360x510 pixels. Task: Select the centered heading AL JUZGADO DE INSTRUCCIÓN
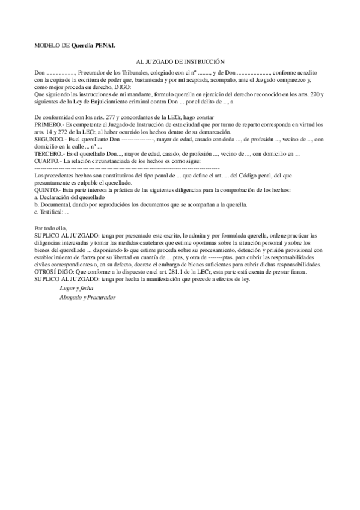click(x=180, y=62)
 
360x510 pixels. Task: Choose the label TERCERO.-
click(x=50, y=154)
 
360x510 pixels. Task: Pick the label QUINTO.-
click(x=48, y=190)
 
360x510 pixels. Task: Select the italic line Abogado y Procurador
click(x=87, y=297)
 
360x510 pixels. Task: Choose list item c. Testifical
click(x=53, y=212)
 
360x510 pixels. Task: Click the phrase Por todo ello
click(x=52, y=228)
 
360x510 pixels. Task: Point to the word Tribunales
click(x=138, y=72)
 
